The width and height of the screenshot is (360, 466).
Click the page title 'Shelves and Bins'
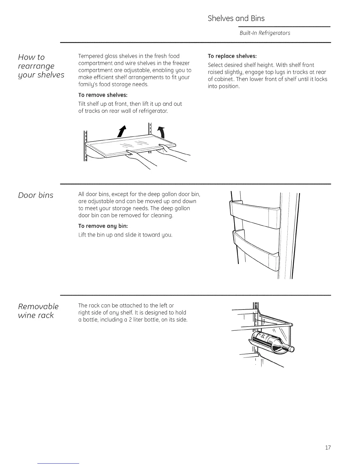pyautogui.click(x=236, y=19)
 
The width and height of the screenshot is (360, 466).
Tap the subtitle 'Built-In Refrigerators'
pyautogui.click(x=265, y=33)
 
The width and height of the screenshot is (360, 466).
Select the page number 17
pyautogui.click(x=328, y=448)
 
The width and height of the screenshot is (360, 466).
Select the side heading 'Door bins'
pyautogui.click(x=36, y=195)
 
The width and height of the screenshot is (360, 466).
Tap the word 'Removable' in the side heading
pyautogui.click(x=38, y=307)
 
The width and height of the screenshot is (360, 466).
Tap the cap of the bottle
pyautogui.click(x=291, y=349)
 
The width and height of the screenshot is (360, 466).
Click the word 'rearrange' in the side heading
pyautogui.click(x=36, y=66)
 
